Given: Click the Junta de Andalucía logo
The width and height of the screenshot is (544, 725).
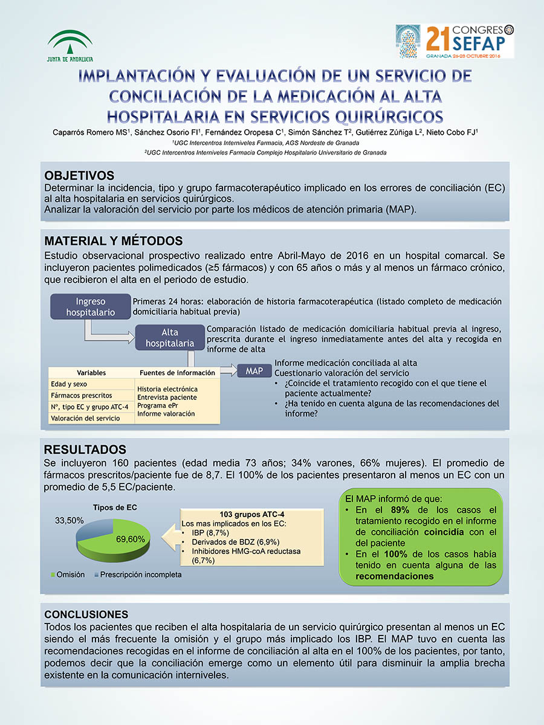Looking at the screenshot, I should (70, 46).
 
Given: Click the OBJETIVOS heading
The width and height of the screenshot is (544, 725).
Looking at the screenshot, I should (79, 176).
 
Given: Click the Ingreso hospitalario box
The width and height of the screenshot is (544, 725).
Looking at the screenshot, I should (90, 307).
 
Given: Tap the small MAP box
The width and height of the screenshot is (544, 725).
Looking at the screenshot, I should (254, 371).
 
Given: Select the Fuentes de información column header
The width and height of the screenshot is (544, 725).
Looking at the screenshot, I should (177, 373).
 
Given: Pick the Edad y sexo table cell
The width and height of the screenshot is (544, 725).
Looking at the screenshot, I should (68, 384).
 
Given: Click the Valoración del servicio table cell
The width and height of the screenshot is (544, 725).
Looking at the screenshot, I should (85, 418).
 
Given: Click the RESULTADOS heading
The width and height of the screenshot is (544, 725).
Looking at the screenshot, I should (85, 449).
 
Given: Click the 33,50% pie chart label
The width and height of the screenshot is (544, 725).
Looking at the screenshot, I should (70, 520).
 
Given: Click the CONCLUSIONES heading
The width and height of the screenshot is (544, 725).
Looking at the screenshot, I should (86, 614).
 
